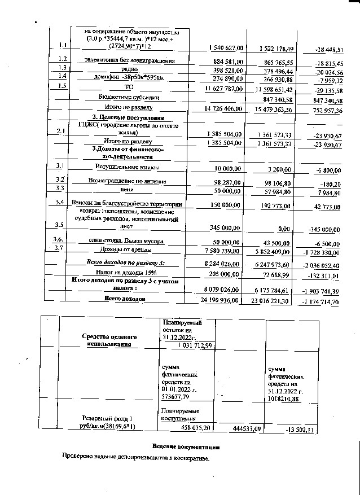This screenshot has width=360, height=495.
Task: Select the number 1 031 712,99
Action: coord(195,345)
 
